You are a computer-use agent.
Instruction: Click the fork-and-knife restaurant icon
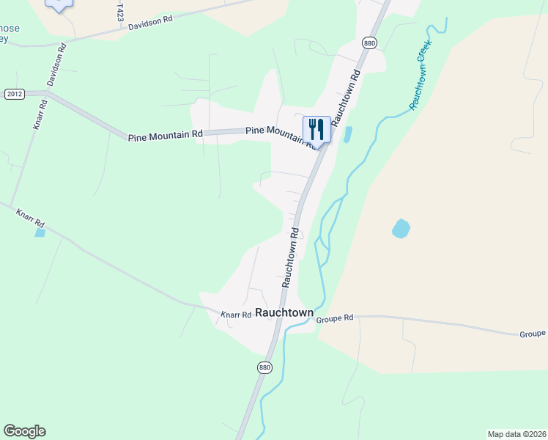[316, 130]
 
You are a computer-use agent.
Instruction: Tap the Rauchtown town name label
[284, 313]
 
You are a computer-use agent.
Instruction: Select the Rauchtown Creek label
[421, 75]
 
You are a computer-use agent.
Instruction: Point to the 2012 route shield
[14, 94]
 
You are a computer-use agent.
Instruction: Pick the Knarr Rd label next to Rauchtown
[236, 315]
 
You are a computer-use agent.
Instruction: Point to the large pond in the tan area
[401, 229]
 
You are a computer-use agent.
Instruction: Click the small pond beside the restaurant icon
[347, 135]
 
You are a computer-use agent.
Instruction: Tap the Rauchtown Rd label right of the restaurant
[345, 98]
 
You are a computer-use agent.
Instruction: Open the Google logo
[24, 431]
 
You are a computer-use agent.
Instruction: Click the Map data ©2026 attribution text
[516, 434]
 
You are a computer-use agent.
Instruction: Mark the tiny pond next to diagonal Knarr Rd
[39, 232]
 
